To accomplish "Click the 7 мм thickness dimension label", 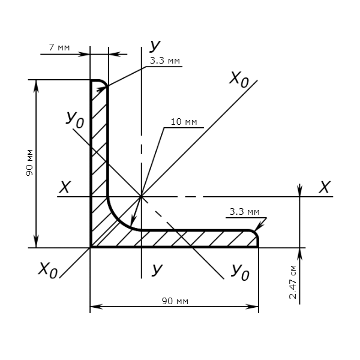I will pyautogui.click(x=58, y=47).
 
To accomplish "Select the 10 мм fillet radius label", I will pyautogui.click(x=184, y=122).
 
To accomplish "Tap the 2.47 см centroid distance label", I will pyautogui.click(x=293, y=282).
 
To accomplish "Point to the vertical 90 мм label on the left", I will pyautogui.click(x=29, y=163).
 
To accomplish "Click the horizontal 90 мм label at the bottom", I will pyautogui.click(x=175, y=301).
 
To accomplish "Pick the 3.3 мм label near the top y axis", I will pyautogui.click(x=166, y=61).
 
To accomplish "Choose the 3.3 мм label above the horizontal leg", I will pyautogui.click(x=244, y=212).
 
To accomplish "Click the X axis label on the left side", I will pyautogui.click(x=65, y=188).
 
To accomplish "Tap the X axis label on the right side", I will pyautogui.click(x=325, y=187).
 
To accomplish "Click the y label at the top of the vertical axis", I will pyautogui.click(x=156, y=46).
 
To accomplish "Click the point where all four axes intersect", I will pyautogui.click(x=141, y=196).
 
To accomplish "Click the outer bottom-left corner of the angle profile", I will pyautogui.click(x=91, y=247).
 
